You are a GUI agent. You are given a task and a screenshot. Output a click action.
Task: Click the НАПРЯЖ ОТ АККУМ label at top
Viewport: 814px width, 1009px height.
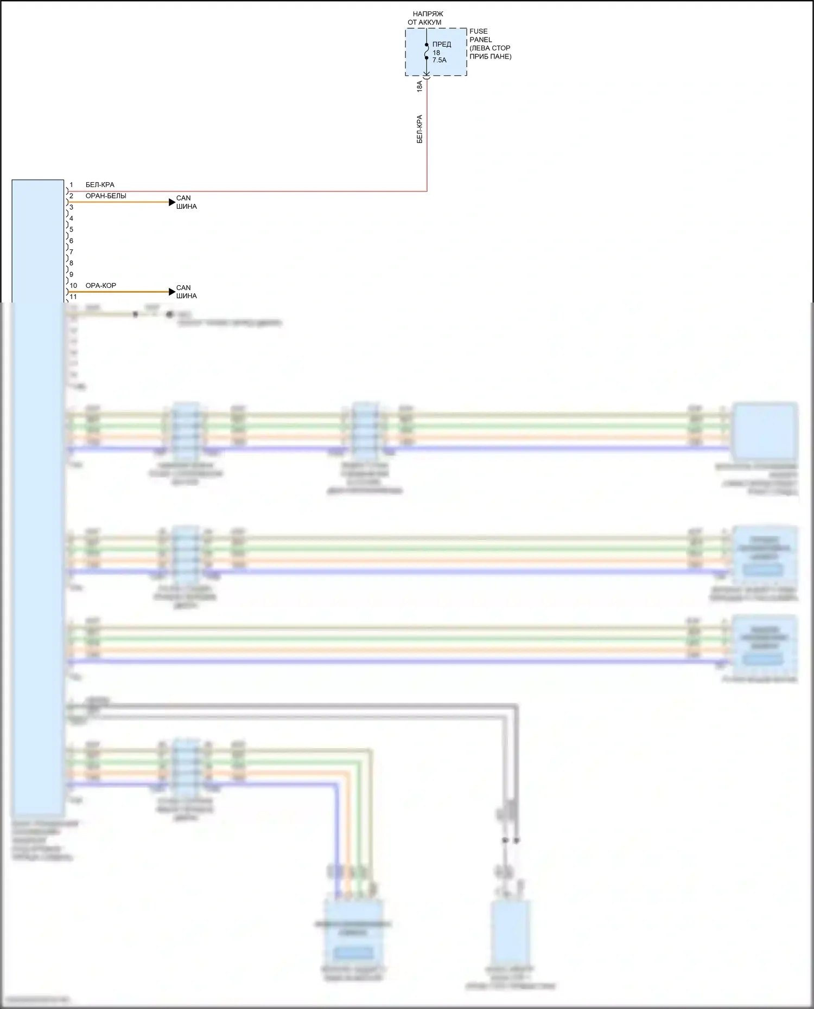coord(427,18)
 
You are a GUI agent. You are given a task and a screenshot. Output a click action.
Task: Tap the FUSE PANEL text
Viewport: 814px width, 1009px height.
coord(480,35)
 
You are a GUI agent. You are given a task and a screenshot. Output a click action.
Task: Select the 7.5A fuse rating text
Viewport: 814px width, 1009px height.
coord(440,60)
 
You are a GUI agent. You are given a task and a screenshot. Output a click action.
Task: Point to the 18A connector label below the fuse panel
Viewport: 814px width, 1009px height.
coord(419,86)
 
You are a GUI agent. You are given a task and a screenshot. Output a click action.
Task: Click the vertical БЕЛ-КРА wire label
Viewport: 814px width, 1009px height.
coord(419,128)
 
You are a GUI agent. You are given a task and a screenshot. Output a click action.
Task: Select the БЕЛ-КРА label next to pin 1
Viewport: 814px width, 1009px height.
coord(100,185)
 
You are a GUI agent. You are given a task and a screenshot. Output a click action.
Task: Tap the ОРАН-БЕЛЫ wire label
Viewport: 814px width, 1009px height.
coord(106,196)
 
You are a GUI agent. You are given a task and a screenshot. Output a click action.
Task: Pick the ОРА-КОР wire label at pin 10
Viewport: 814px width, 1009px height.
coord(101,286)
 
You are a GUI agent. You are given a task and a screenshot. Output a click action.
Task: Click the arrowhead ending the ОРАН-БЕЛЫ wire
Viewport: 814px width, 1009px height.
coord(172,202)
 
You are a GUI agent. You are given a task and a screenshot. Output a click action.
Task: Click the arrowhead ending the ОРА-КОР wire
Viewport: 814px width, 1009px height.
coord(172,292)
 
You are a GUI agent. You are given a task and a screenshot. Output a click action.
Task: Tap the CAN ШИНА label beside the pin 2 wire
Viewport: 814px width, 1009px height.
coord(186,202)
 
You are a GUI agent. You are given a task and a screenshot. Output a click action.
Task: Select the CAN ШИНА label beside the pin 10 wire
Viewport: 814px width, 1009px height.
coord(186,292)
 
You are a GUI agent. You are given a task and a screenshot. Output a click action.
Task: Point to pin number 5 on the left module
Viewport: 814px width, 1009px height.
coord(71,229)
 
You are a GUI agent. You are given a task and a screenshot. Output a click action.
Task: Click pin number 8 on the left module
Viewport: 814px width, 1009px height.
coord(71,263)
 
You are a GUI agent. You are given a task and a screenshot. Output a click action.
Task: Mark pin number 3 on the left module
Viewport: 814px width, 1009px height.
coord(71,207)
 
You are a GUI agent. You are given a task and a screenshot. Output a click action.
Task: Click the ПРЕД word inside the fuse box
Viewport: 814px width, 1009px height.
coord(442,44)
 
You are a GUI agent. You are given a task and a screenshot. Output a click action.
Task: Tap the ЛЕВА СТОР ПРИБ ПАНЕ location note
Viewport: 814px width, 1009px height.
coord(490,52)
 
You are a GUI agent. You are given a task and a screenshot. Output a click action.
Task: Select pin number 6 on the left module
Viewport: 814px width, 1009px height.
coord(71,241)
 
